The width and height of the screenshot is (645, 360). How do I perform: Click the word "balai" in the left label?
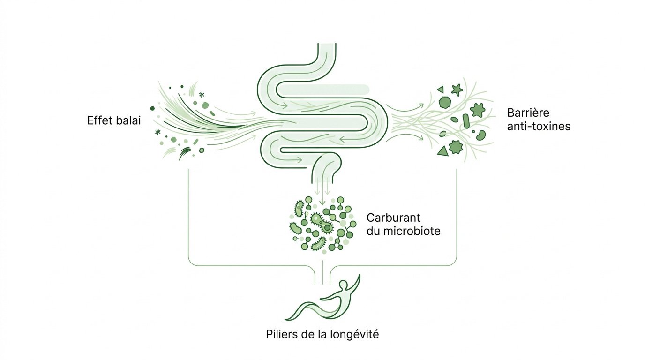coord(129,120)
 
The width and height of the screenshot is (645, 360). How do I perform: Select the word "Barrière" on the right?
coord(528,113)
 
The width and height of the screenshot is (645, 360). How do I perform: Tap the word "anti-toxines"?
coord(539,126)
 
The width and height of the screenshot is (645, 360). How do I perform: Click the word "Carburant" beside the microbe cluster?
coord(393,218)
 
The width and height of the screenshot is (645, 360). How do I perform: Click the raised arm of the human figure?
coord(356,282)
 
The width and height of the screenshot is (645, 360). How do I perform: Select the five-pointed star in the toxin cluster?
coord(457,89)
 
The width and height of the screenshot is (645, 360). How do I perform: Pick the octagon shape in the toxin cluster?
coord(444,102)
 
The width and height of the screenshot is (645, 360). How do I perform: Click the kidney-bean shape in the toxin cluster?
coord(480,135)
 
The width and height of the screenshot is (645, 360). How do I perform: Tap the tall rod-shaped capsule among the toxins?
coord(466,120)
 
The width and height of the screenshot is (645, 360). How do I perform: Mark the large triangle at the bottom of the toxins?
coord(442,151)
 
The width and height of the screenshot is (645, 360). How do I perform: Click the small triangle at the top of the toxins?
coord(440,89)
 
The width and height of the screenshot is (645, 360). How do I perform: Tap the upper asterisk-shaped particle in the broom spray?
coord(202,95)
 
